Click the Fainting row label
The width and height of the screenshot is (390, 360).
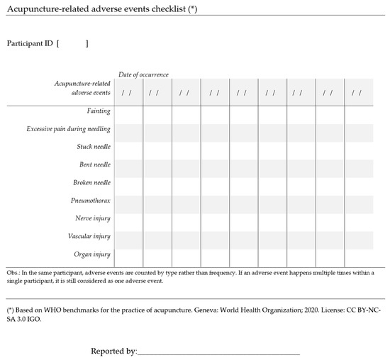point(98,111)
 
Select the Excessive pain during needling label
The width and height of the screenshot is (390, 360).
point(69,129)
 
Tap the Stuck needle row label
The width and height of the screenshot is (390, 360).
point(94,147)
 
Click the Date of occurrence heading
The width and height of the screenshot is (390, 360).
point(143,74)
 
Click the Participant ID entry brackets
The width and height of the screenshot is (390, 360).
point(72,44)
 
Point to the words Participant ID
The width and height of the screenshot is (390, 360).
point(29,44)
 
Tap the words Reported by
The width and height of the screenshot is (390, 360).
point(113,351)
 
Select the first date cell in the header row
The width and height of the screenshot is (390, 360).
point(128,92)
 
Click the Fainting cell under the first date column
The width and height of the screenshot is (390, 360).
point(128,111)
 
